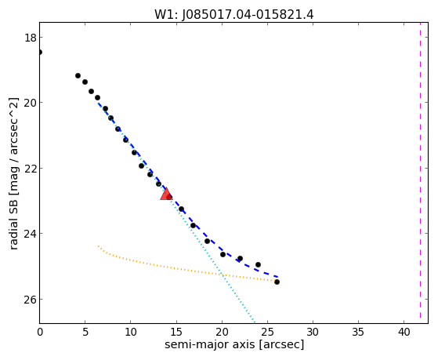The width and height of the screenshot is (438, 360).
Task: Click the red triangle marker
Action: click(166, 194)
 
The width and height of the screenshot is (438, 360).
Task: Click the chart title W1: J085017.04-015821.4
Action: click(234, 15)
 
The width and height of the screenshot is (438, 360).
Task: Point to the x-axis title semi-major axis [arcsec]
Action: click(234, 344)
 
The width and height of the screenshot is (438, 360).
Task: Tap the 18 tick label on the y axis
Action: click(30, 38)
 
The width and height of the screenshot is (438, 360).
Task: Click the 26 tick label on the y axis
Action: click(30, 300)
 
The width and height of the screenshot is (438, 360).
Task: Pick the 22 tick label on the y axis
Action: click(30, 169)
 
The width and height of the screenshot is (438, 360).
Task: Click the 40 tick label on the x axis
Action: click(404, 332)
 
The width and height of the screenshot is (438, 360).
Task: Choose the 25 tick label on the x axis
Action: click(267, 332)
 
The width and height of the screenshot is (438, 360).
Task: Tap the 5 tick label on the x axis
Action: click(85, 332)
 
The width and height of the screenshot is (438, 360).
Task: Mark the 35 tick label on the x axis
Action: click(358, 332)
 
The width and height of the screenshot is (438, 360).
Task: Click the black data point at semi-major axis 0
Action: click(40, 52)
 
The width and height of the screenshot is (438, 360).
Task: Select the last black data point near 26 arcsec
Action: click(277, 282)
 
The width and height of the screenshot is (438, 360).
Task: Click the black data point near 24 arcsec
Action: click(258, 264)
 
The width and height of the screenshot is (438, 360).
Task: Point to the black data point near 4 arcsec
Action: click(78, 76)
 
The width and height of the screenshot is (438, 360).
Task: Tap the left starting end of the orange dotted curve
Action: click(98, 245)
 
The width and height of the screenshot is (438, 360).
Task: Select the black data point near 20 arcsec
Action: click(223, 255)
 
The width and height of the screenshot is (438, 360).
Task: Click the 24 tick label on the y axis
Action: click(30, 234)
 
